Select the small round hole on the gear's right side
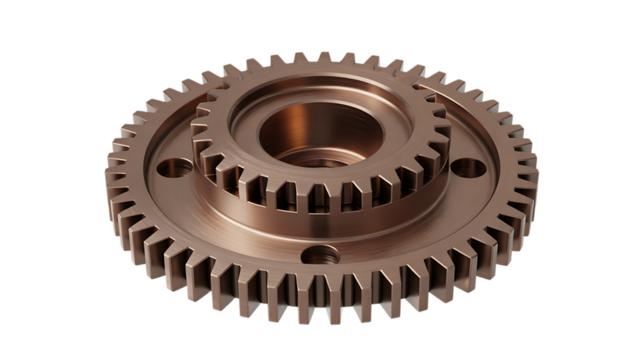pyautogui.click(x=467, y=166)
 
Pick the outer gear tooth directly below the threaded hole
pyautogui.click(x=318, y=305)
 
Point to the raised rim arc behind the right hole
pyautogui.click(x=480, y=140)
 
